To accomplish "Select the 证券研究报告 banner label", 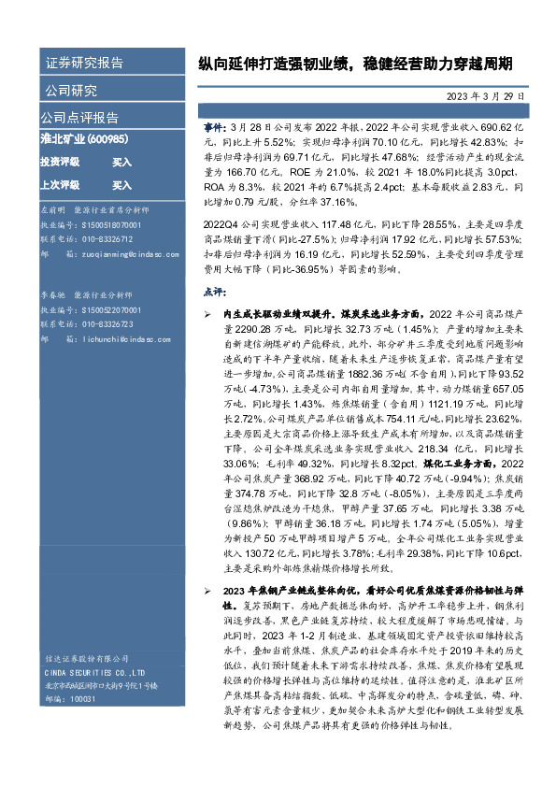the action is tap(84, 64).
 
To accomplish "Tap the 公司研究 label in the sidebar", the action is tap(70, 91).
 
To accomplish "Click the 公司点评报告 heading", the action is tap(79, 118).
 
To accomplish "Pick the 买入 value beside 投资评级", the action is tap(122, 163).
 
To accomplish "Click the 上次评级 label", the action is tap(59, 185).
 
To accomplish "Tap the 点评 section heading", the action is tap(214, 292).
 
